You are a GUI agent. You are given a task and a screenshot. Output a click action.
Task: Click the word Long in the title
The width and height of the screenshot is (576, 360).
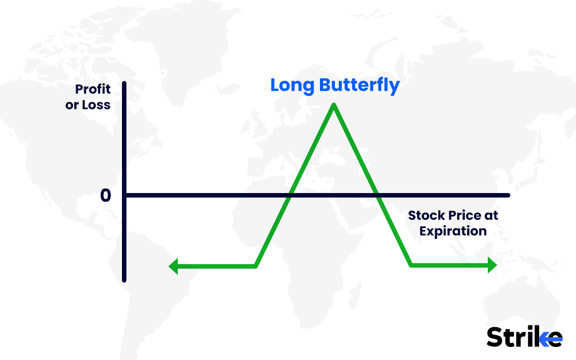tap(292, 85)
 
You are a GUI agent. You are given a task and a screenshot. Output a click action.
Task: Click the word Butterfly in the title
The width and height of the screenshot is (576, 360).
tap(360, 85)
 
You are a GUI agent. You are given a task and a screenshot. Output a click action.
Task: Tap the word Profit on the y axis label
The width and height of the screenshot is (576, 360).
tap(93, 89)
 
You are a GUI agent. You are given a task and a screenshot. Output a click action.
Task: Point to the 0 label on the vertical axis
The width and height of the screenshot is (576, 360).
tap(105, 196)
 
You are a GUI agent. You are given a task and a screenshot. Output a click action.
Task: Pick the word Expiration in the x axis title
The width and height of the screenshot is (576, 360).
tap(453, 231)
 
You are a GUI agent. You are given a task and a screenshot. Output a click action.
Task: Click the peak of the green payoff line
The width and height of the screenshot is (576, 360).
tap(333, 105)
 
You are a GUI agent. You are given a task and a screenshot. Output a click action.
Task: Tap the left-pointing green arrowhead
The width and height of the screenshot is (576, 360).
tap(173, 266)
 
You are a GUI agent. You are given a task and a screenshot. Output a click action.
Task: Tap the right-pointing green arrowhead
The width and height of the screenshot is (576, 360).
tap(492, 266)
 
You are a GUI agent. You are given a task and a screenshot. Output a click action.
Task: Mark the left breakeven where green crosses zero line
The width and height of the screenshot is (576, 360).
tap(291, 195)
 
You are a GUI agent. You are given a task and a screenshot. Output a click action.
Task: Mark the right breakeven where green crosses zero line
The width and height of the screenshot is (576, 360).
tap(377, 195)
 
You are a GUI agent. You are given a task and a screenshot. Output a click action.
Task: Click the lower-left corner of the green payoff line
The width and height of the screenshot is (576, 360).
tap(256, 266)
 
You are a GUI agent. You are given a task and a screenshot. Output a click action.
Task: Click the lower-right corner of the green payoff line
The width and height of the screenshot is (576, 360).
tap(411, 265)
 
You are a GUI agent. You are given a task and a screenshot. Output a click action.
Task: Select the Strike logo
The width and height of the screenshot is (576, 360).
tap(524, 337)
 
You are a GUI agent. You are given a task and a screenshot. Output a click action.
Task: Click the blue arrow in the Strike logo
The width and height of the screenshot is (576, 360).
tap(550, 338)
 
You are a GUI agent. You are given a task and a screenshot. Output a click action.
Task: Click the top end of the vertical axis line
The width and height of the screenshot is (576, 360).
tap(124, 84)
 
